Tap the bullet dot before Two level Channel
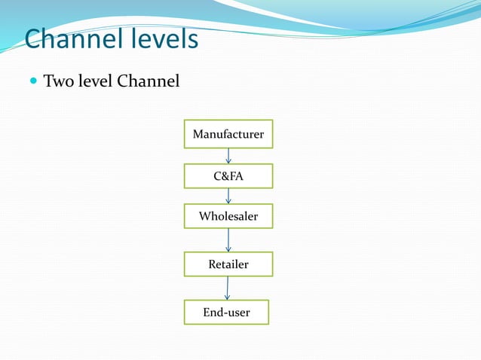[32, 80]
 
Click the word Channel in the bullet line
[149, 80]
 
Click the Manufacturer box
[228, 134]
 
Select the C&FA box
[228, 175]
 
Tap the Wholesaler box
[228, 216]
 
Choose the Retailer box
[228, 264]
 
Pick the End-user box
[226, 312]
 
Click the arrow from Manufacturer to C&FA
[228, 155]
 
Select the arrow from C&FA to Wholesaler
[228, 196]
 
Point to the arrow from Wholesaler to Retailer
[228, 240]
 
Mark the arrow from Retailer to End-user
[227, 288]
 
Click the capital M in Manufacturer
[198, 135]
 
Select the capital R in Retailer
[212, 264]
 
